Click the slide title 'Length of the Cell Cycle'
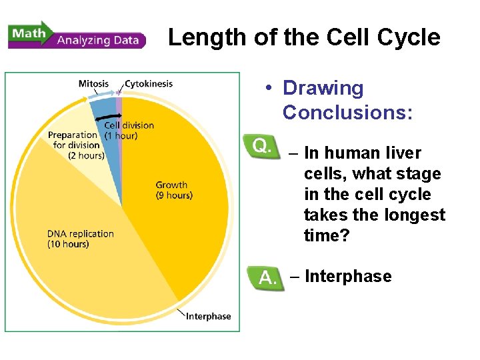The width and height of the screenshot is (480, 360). point(304,37)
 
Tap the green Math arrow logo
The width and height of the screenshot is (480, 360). point(30,33)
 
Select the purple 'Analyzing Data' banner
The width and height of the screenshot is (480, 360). point(100,40)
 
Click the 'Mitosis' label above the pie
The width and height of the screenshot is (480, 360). point(93,84)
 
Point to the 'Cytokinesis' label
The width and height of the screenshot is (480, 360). point(149,84)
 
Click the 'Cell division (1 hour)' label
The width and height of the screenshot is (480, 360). point(129,130)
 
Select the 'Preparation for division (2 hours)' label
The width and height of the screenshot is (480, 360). point(77,145)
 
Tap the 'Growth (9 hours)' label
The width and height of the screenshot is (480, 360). point(173,190)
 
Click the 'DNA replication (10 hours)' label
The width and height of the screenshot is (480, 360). point(80,239)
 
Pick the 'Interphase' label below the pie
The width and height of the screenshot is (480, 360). point(208,316)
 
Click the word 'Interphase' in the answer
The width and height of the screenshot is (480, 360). point(347,276)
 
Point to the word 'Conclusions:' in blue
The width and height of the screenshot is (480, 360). point(347,112)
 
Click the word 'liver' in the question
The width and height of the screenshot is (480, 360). point(398,153)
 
